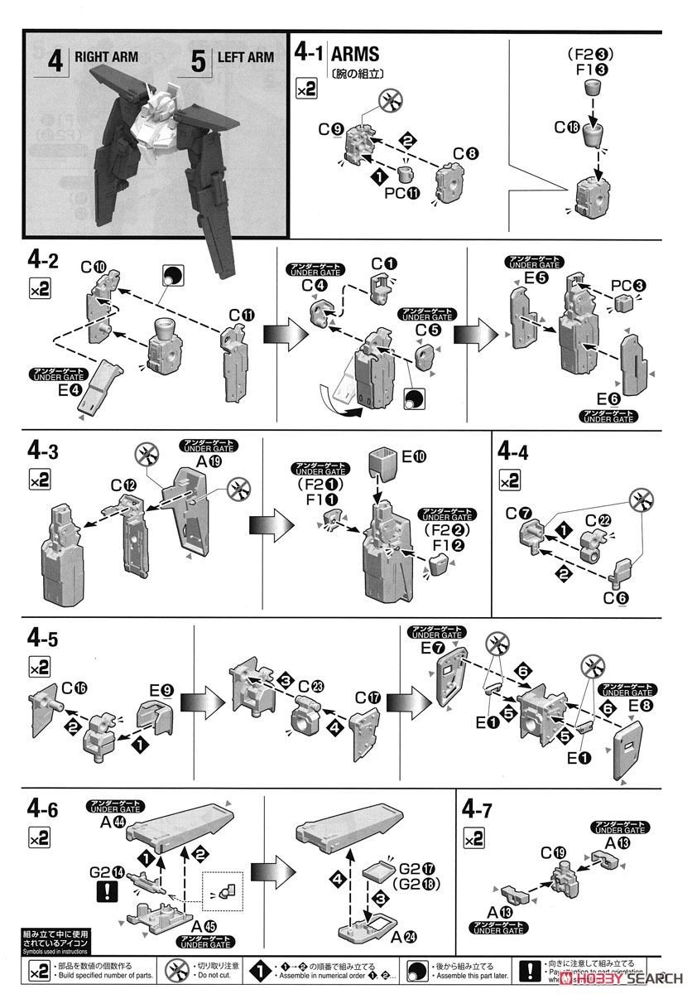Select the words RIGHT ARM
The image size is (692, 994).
pyautogui.click(x=106, y=58)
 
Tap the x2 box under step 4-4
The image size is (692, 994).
pyautogui.click(x=511, y=479)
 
